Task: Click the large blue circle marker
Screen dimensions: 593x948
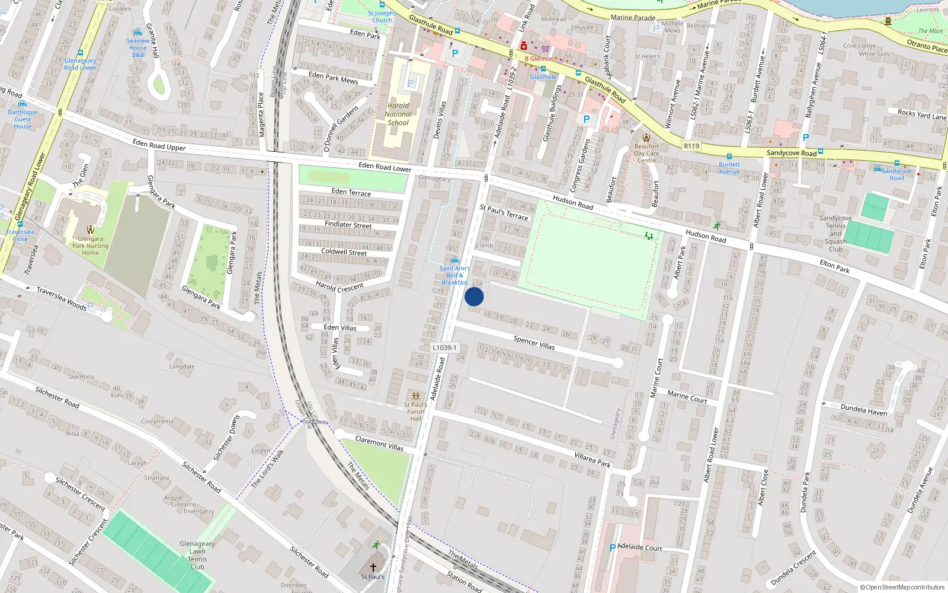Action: (x=474, y=296)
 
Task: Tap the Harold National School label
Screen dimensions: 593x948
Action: (x=398, y=114)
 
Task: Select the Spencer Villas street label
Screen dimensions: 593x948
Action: (x=534, y=342)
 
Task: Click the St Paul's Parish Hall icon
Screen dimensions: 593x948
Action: (x=415, y=396)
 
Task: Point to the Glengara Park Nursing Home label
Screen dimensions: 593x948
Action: (x=90, y=246)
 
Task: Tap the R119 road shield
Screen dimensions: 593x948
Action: (x=691, y=146)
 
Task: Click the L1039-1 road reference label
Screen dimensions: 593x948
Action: (x=444, y=348)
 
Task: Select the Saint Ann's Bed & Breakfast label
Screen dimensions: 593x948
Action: (x=454, y=275)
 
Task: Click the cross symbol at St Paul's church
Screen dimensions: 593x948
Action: (x=373, y=568)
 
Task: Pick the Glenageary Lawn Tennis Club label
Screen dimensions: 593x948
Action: (x=197, y=555)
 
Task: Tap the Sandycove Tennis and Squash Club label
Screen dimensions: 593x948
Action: (x=835, y=234)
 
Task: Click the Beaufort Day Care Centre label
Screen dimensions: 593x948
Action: (x=646, y=153)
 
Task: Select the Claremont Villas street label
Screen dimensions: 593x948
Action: (x=379, y=443)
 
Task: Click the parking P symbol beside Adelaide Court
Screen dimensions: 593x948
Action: (x=613, y=548)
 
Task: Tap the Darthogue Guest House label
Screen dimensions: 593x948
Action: (x=23, y=119)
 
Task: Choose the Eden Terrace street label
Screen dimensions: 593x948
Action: (x=351, y=192)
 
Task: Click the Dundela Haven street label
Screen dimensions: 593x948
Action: (x=864, y=410)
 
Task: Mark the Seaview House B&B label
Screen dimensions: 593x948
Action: (x=138, y=47)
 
